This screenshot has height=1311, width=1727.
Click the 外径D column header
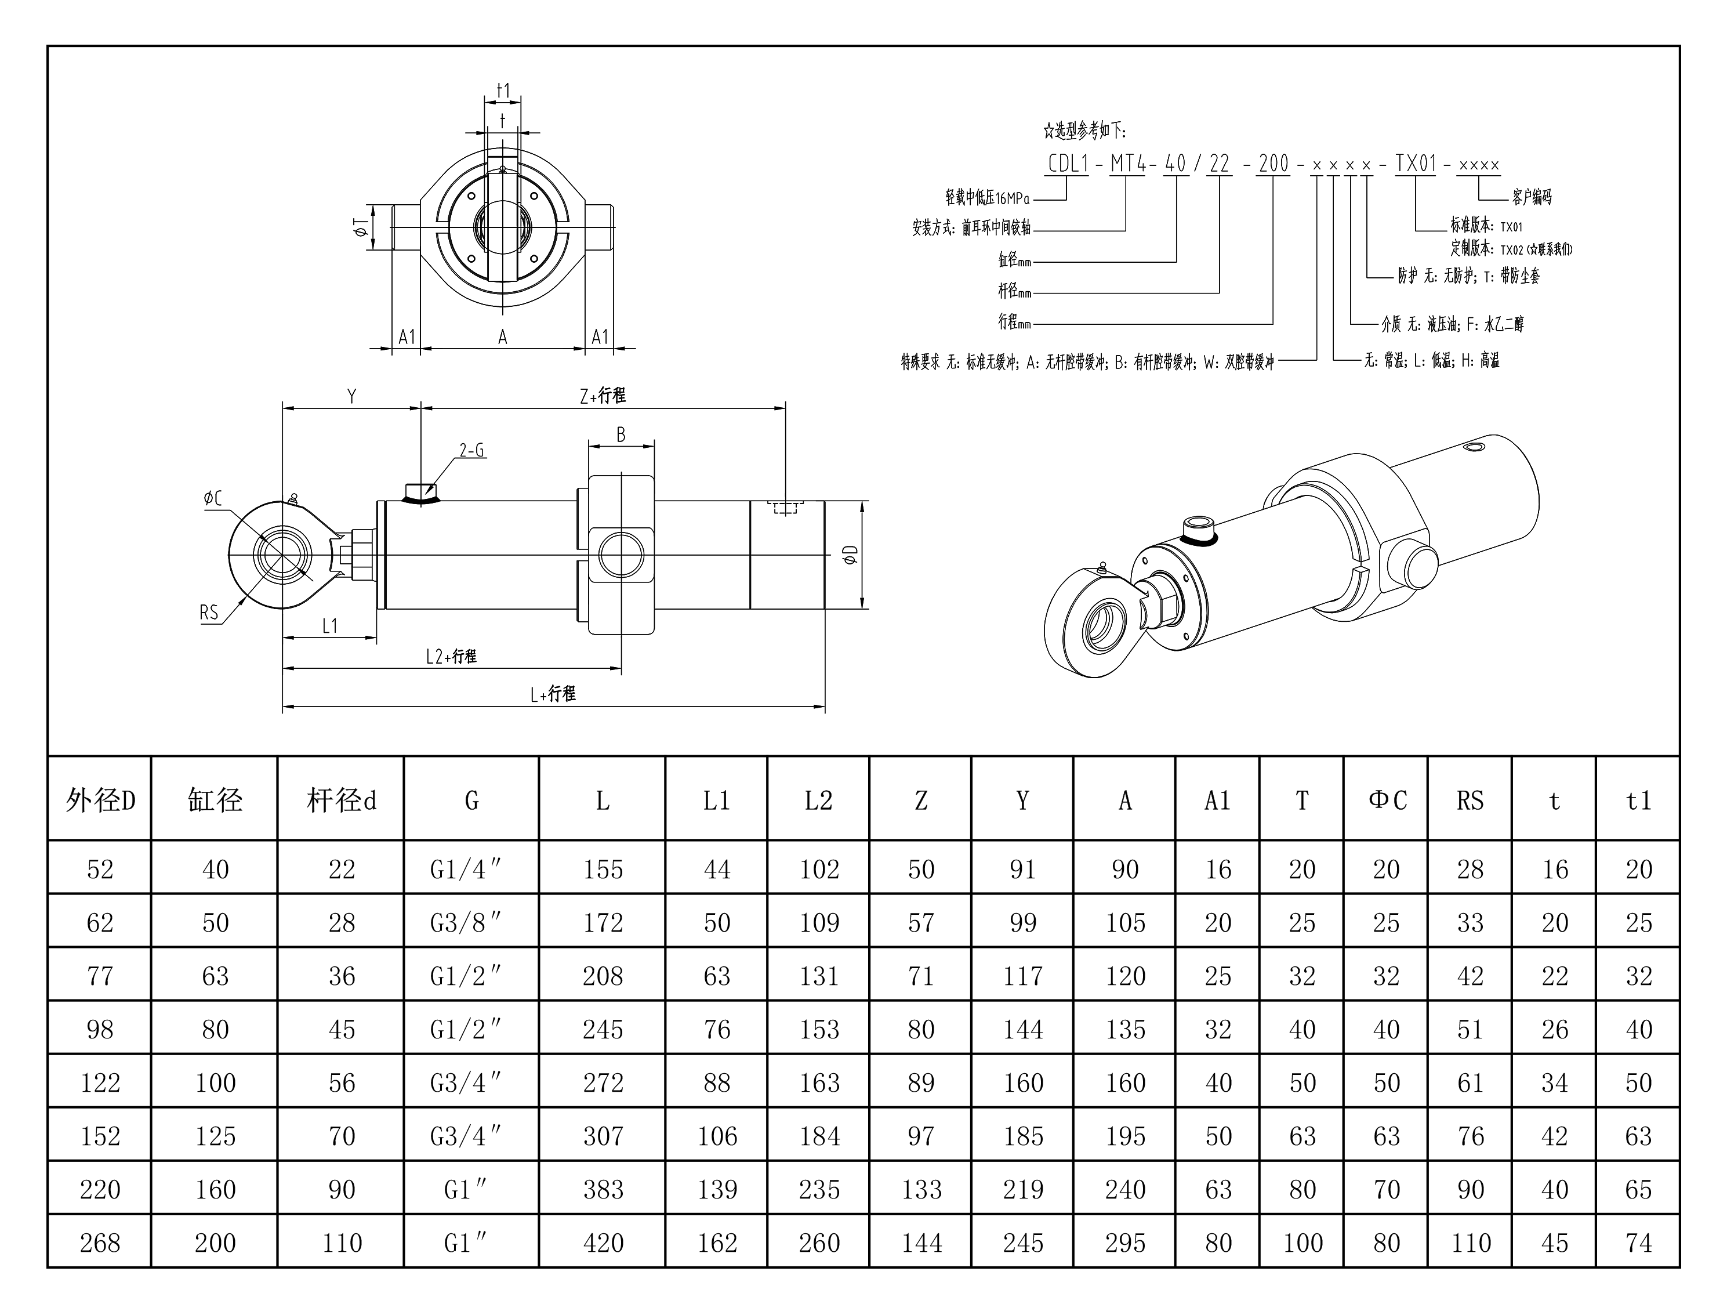click(100, 801)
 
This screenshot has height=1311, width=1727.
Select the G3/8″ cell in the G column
click(465, 922)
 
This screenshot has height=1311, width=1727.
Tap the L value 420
click(603, 1243)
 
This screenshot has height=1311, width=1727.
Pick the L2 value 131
click(818, 976)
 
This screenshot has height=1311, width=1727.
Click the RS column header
click(1470, 801)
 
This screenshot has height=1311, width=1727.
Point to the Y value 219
click(1023, 1189)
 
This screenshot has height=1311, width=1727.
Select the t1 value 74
click(1639, 1243)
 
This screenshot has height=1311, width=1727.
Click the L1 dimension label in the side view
click(329, 625)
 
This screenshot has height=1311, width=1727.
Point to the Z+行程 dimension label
click(602, 396)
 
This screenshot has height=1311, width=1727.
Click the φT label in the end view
click(360, 227)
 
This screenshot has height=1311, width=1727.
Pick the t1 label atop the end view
click(503, 91)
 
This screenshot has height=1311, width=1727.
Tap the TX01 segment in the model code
click(1416, 164)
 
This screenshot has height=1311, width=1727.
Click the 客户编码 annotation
click(1531, 197)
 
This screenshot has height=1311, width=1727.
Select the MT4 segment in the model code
click(1128, 164)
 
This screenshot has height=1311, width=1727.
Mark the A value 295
click(1125, 1243)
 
